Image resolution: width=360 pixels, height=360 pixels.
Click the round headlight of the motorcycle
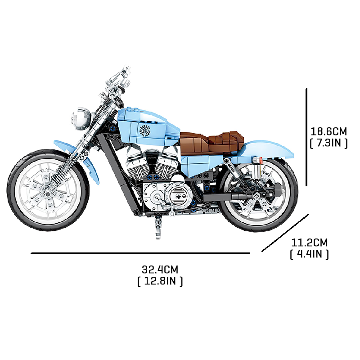point(80,118)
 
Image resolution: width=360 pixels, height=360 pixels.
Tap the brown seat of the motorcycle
point(211,142)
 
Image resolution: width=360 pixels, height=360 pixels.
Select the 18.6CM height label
point(328,131)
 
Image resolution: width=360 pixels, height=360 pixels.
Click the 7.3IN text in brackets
point(328,143)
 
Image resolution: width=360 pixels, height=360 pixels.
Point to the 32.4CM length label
point(160,270)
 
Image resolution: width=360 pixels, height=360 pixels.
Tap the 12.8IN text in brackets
point(160,281)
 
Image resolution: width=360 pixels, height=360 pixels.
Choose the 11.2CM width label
point(309,243)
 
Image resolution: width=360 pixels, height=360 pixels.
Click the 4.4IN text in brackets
point(309,254)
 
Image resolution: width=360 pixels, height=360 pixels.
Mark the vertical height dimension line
point(306,137)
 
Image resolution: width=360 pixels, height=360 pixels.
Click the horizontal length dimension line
point(140,253)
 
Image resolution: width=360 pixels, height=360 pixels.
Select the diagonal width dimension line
point(285,233)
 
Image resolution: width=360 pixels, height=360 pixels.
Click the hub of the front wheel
point(48,193)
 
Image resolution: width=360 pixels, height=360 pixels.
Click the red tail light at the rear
point(261,160)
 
